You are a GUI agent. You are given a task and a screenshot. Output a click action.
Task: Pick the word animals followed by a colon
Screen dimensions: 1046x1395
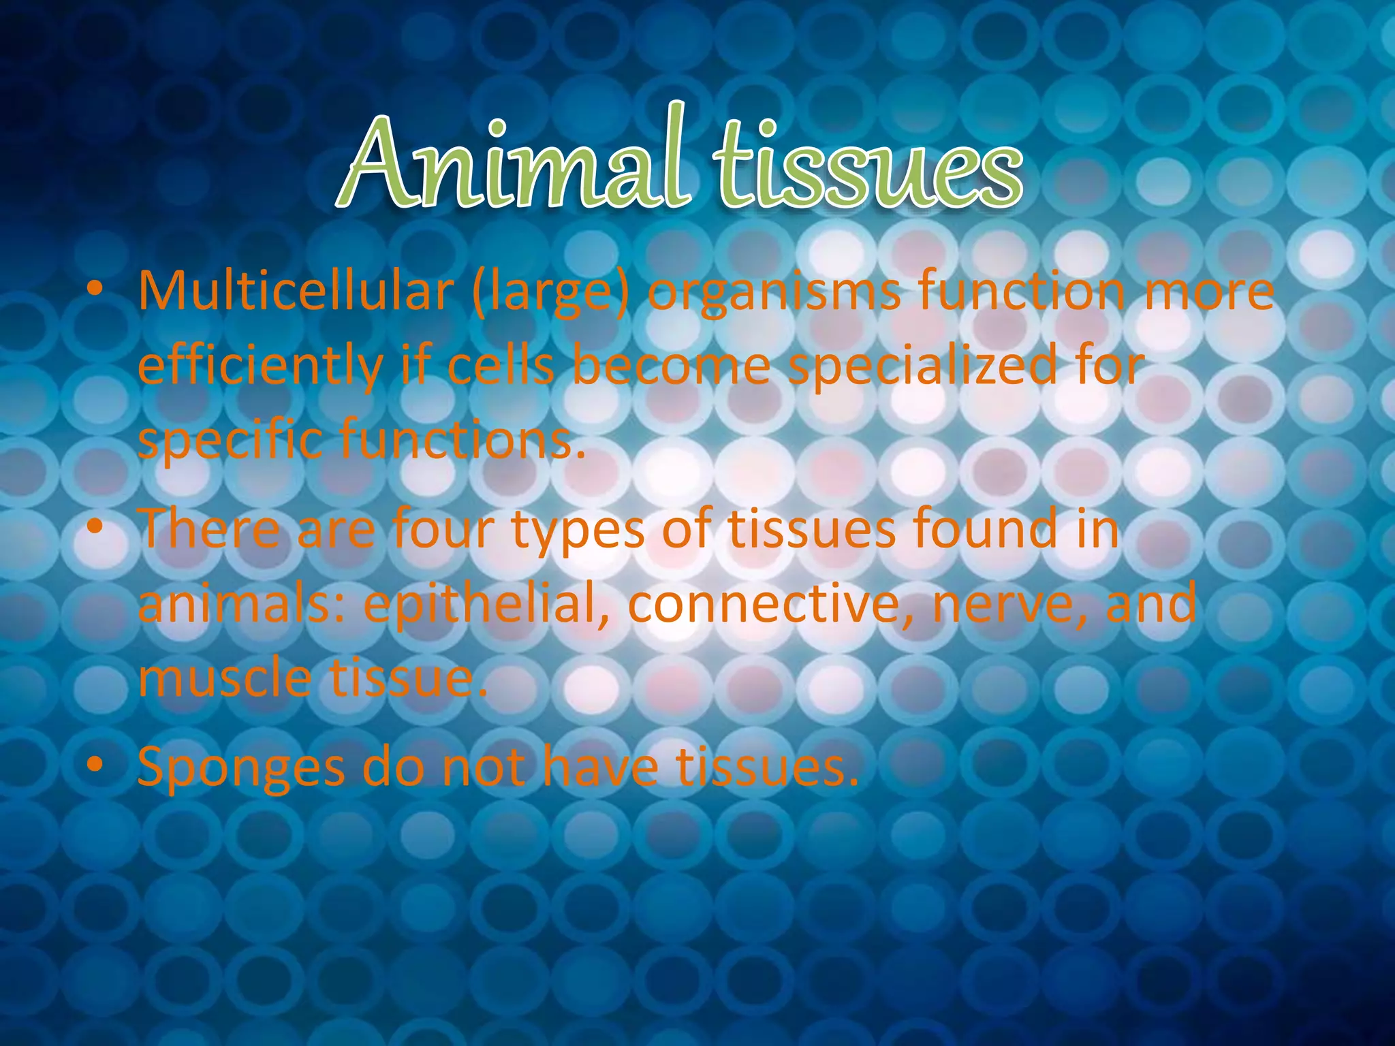pyautogui.click(x=241, y=605)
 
